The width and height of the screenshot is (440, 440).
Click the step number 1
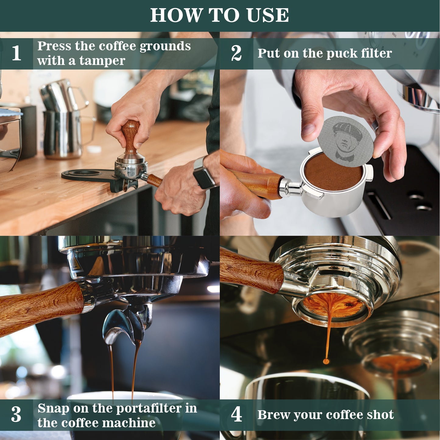tap(16, 53)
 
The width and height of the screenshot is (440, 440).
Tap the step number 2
tap(236, 53)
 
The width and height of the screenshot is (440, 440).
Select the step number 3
tap(16, 414)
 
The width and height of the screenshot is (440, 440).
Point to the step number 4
tap(236, 414)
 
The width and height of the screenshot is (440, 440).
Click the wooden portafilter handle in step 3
tap(41, 306)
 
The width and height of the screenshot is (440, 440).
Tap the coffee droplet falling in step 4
tap(326, 361)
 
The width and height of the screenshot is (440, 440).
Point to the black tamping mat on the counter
tap(91, 177)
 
